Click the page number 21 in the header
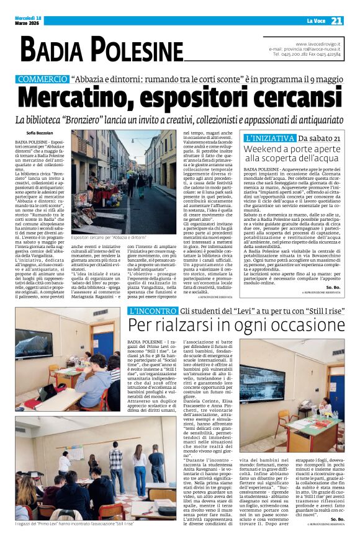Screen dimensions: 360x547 (336, 20)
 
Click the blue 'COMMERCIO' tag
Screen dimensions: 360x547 (42, 79)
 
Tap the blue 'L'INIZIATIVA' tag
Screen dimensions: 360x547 (270, 138)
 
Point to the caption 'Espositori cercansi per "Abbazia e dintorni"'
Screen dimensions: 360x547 (109, 237)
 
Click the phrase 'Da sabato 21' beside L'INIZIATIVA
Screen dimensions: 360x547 (319, 138)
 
